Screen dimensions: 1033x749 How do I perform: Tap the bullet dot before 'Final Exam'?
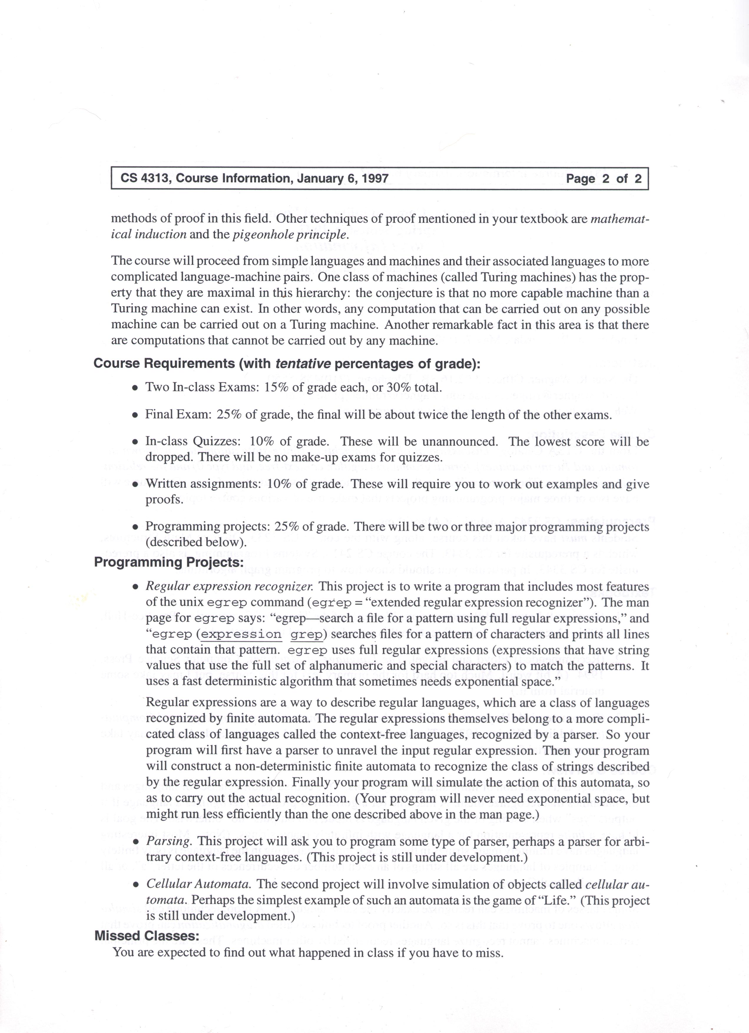135,415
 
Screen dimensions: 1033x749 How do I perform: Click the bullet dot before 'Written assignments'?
135,485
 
